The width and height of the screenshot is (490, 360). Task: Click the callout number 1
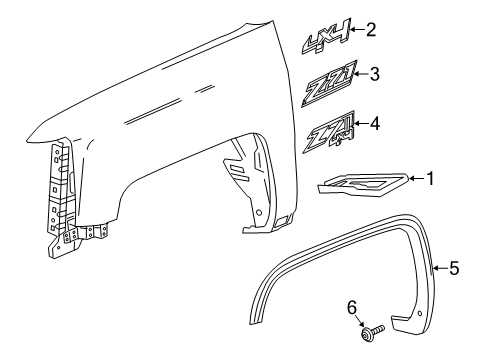pos(431,179)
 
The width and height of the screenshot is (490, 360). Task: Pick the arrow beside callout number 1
pos(416,180)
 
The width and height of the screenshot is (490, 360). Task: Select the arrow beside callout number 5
pos(441,268)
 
